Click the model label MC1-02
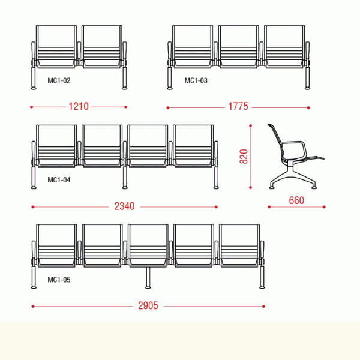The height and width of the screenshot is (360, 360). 59,80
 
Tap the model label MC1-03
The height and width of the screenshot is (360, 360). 196,80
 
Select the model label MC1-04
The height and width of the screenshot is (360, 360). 59,180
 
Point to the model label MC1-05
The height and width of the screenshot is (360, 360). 59,280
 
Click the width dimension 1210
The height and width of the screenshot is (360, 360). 79,107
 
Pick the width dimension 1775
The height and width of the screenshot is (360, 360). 238,107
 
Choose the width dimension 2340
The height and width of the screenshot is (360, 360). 124,206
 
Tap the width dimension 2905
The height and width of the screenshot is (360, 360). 148,305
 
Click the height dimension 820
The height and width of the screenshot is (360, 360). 244,157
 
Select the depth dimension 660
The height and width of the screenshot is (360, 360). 296,200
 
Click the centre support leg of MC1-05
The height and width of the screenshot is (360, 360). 148,278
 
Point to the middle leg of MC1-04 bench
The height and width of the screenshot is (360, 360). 125,178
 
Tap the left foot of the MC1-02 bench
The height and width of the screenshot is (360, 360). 34,88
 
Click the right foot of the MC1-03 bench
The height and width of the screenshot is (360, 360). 307,88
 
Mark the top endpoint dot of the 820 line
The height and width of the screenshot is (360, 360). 250,125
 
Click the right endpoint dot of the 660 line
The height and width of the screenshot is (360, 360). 324,207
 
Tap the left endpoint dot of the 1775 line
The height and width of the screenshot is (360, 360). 168,107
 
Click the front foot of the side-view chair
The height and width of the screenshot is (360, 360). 314,187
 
